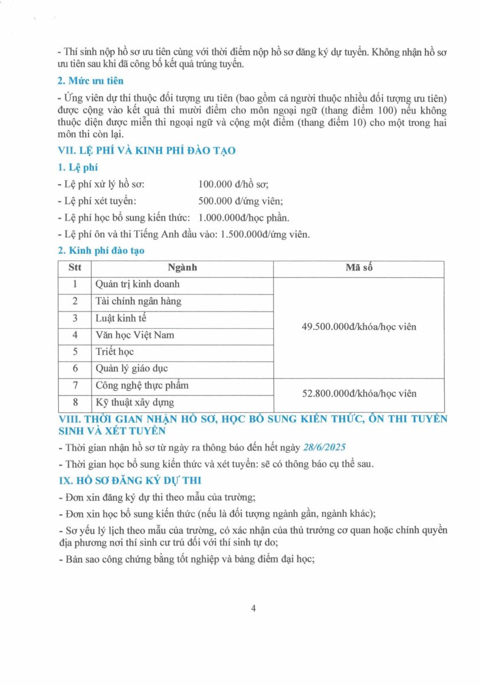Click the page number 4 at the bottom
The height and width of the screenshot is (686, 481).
253,608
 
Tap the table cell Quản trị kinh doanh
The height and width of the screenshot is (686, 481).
137,284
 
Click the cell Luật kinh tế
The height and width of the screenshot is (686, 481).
121,318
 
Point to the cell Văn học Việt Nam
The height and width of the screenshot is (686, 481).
135,335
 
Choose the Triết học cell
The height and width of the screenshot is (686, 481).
115,352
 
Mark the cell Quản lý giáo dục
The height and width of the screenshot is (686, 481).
132,369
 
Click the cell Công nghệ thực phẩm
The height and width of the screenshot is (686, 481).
142,385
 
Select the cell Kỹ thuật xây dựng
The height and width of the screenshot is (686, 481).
135,402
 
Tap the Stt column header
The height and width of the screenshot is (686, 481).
75,268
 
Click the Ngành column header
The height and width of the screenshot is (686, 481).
182,268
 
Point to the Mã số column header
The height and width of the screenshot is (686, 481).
359,268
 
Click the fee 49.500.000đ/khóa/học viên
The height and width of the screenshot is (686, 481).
359,327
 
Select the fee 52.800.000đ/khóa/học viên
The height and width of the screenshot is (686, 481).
359,393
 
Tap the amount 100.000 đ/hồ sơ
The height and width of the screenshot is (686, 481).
233,184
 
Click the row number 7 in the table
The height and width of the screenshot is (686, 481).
75,385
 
